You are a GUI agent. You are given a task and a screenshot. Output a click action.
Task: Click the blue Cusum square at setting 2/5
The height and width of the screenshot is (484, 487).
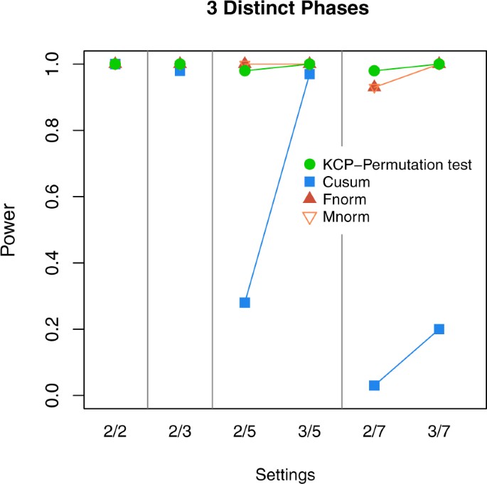[x=245, y=302]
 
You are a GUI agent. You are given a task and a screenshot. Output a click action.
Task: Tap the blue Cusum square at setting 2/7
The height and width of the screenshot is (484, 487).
[x=374, y=385]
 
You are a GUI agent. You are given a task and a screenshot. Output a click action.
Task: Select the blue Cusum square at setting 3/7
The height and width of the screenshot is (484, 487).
[x=439, y=329]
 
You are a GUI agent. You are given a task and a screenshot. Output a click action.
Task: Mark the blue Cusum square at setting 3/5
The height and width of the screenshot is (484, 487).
[x=309, y=74]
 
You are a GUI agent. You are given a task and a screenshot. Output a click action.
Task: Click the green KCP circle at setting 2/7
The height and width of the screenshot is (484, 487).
[x=374, y=71]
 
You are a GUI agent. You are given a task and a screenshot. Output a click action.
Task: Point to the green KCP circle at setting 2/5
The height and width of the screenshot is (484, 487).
[x=245, y=71]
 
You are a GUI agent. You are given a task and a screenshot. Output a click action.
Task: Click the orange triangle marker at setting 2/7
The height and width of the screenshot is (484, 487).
[x=374, y=87]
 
